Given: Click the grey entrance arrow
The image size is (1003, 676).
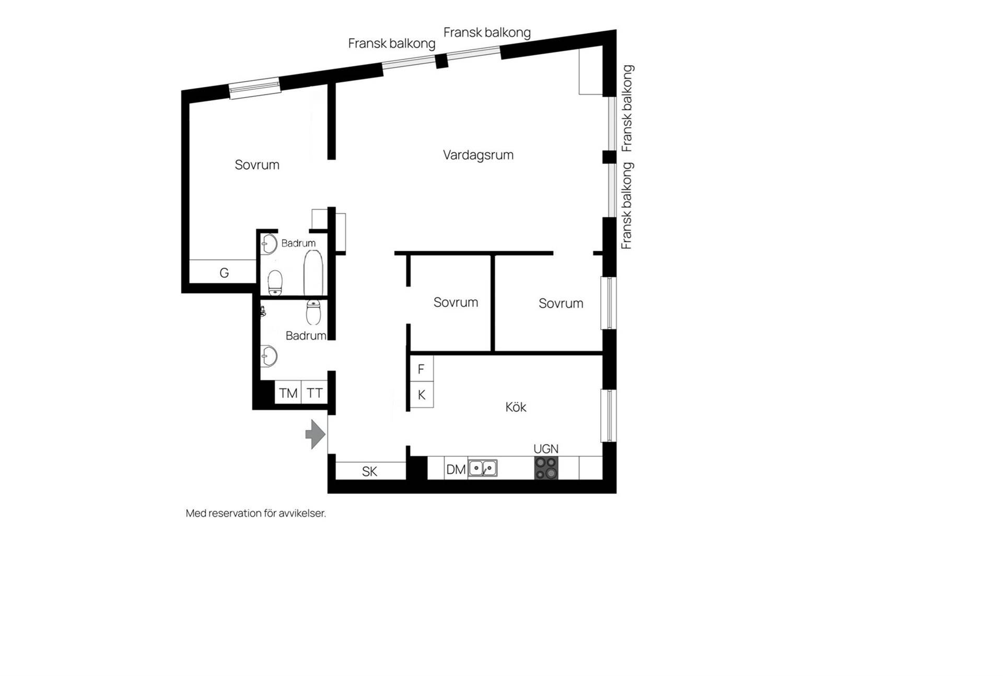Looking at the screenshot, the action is [316, 434].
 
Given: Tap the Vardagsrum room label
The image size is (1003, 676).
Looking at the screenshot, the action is [478, 155].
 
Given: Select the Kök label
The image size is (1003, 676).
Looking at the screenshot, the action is [516, 407].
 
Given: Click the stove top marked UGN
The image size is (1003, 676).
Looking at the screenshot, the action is [546, 468].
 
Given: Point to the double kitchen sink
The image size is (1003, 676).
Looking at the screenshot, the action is [483, 468].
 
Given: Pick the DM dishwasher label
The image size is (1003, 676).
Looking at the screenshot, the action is [456, 470].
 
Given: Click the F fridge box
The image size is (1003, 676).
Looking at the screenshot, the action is [422, 369].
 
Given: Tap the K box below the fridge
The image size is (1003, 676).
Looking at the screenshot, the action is [422, 395].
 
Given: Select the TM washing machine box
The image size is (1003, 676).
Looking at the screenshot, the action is [288, 392].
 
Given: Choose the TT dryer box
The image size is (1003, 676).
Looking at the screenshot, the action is [314, 392].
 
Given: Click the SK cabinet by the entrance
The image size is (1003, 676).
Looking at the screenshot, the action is [370, 471].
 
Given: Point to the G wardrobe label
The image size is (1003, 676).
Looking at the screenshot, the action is [224, 273].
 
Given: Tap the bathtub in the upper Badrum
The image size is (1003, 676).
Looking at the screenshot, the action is [313, 273].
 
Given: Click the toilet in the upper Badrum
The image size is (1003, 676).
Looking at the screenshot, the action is [275, 283].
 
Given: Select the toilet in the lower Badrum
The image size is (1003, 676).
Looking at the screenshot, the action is [313, 312].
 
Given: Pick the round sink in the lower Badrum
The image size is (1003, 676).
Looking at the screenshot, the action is [269, 356].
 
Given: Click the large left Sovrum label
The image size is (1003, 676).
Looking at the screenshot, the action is [257, 165].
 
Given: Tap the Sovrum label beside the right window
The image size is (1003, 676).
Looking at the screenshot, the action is [561, 304].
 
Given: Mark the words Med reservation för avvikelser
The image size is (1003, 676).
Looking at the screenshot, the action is [256, 513].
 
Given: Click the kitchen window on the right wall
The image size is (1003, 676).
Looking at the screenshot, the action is [609, 416].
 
